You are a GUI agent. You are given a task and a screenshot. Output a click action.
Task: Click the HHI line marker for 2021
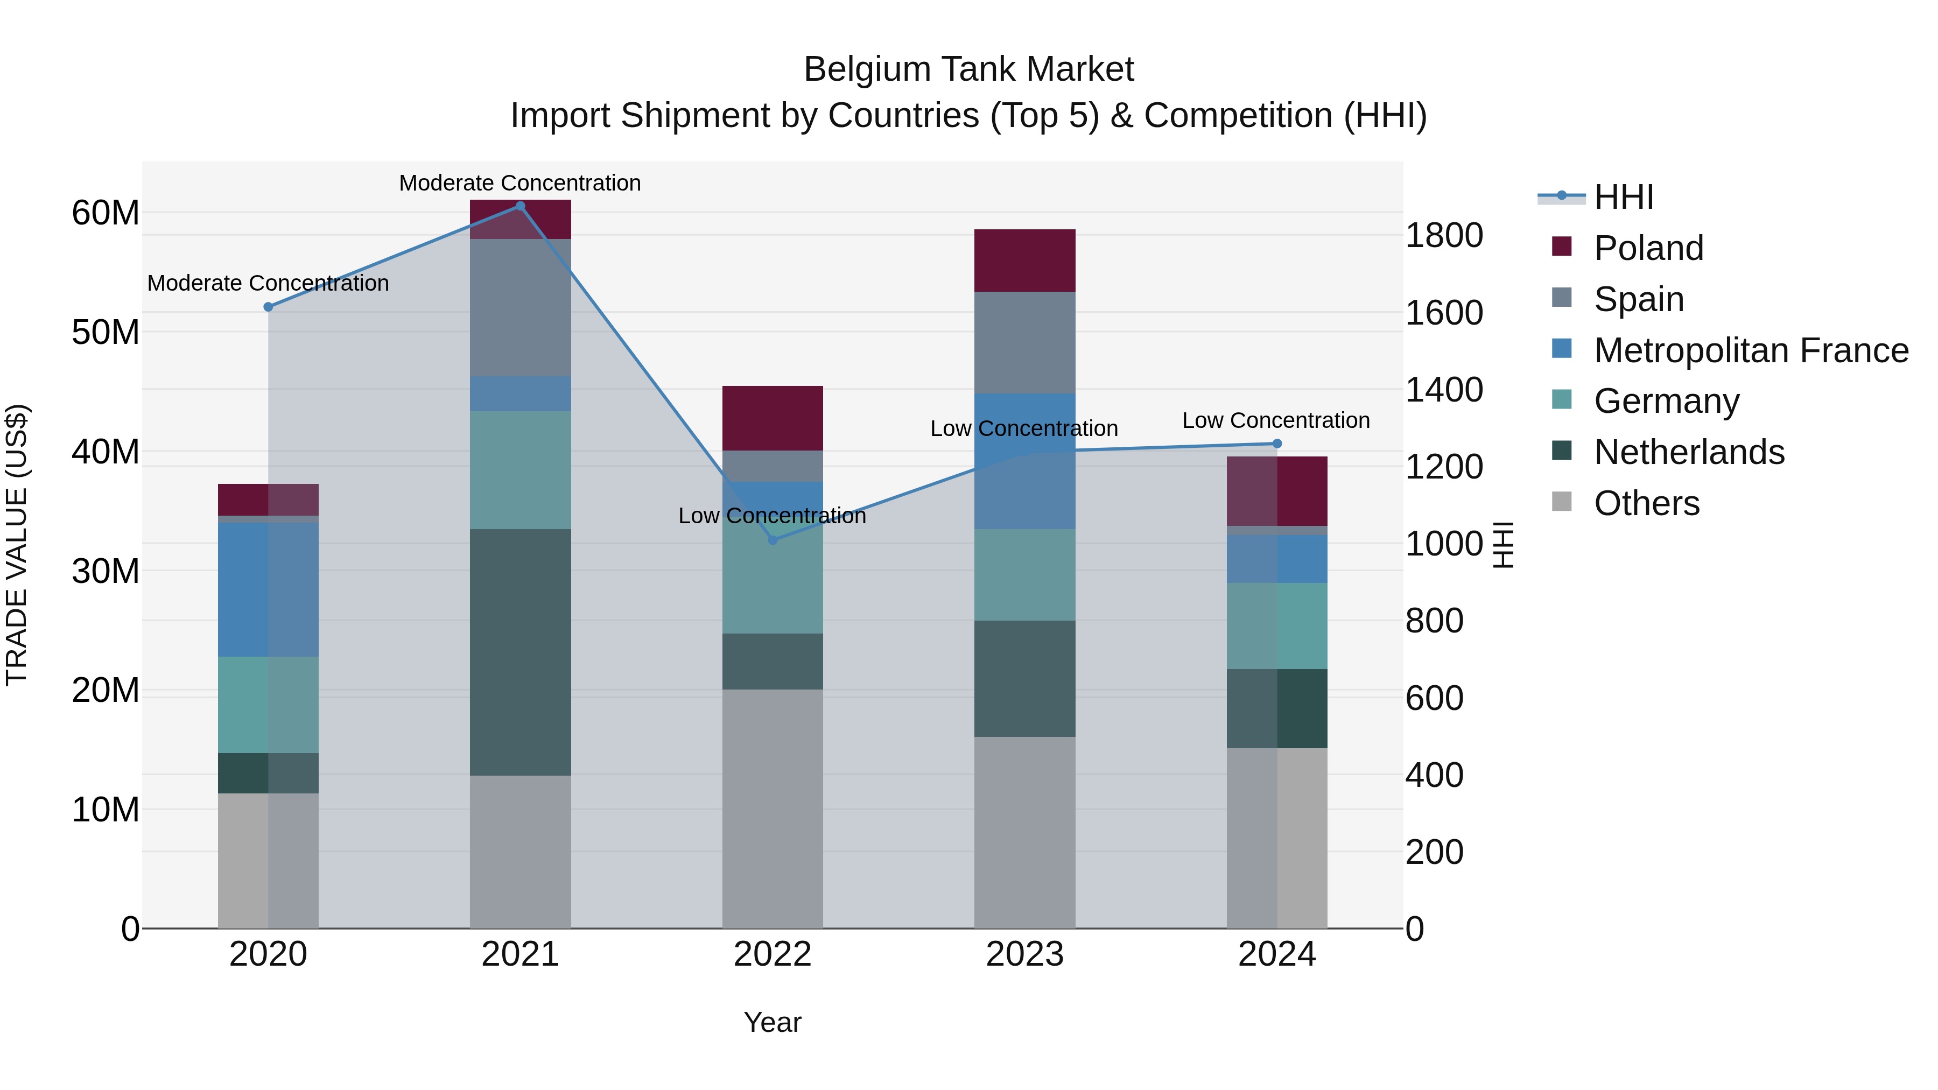[520, 206]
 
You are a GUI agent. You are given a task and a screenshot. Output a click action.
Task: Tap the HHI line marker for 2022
[773, 540]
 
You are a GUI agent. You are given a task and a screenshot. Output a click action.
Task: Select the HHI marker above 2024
[1277, 444]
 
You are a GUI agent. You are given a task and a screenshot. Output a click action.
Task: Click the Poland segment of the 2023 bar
[1024, 261]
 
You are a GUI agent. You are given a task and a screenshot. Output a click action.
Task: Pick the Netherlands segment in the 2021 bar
[520, 652]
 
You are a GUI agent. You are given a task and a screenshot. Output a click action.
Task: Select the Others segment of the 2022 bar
[773, 808]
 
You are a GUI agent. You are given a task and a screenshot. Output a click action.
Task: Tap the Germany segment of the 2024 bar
[1277, 626]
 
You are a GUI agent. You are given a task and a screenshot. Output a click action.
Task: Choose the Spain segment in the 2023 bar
[1024, 342]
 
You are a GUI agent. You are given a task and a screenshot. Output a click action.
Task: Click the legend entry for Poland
[1648, 248]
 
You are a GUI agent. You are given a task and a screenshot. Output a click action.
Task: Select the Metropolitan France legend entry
[1750, 350]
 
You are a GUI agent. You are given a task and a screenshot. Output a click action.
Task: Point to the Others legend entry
[1646, 503]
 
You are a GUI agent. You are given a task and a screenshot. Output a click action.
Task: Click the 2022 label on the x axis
[773, 954]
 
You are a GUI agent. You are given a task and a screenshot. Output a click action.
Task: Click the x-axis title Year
[773, 1022]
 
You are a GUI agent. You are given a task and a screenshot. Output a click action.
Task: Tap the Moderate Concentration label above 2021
[520, 183]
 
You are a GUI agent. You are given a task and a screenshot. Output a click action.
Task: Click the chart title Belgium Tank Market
[968, 69]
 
